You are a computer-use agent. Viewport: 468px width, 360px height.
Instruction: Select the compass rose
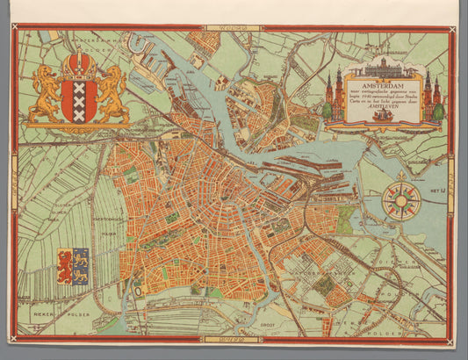point(401,199)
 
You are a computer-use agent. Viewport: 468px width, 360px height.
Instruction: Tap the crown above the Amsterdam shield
point(79,63)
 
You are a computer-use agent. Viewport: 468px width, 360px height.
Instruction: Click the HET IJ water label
point(434,190)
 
